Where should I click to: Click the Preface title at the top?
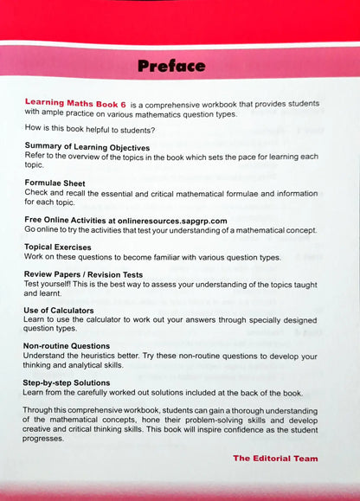pos(171,66)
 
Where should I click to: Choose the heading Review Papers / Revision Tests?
pos(95,274)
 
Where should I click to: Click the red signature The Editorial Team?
pos(275,459)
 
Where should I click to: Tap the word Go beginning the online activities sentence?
pos(30,230)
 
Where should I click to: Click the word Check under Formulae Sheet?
pos(37,193)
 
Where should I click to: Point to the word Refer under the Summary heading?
pos(35,157)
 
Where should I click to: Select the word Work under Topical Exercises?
pos(35,257)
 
